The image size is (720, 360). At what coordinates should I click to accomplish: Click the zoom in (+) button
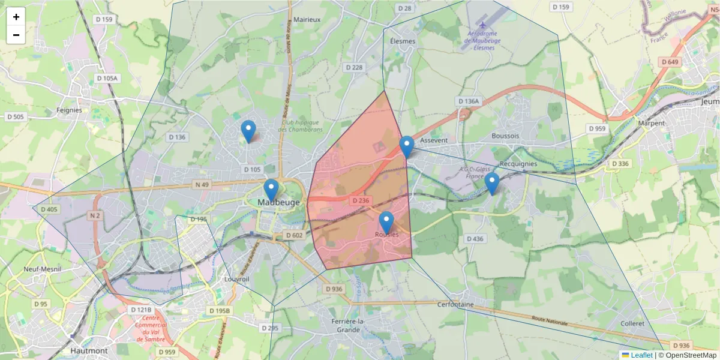click(16, 17)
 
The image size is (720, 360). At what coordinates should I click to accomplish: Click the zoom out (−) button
click(16, 35)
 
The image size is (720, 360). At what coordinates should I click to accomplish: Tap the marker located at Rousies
click(386, 222)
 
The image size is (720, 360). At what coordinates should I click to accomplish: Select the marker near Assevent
click(407, 146)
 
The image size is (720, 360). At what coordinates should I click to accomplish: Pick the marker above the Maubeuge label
click(271, 190)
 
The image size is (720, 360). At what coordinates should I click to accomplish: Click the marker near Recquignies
click(492, 184)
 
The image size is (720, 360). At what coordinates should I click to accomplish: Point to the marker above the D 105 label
click(248, 131)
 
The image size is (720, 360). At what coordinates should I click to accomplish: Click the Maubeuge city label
click(278, 203)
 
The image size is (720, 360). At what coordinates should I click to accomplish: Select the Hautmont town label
click(89, 350)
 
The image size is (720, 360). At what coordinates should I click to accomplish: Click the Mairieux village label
click(307, 19)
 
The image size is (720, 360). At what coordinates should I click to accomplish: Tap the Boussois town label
click(505, 136)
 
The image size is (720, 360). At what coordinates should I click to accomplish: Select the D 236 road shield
click(360, 200)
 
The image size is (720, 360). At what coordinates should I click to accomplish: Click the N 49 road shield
click(201, 184)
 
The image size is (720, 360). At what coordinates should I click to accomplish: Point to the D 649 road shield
click(670, 62)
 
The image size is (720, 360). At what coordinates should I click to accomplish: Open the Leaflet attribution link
click(641, 355)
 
